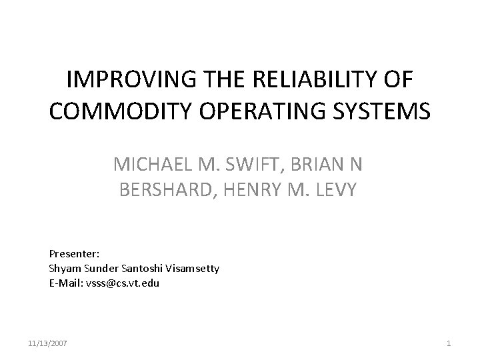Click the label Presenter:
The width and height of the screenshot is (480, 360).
(69, 254)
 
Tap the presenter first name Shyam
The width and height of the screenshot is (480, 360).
(63, 268)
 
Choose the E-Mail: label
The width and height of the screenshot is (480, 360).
(66, 282)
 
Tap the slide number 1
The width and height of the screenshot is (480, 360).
(449, 343)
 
